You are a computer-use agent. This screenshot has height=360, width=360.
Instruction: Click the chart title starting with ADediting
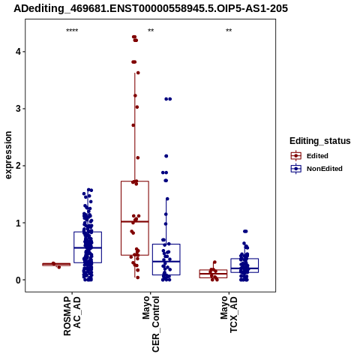[151, 9]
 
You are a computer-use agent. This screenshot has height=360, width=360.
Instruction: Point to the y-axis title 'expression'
[8, 155]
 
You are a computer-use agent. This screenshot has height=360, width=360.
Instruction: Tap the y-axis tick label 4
[18, 52]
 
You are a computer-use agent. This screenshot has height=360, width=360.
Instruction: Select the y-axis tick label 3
[18, 109]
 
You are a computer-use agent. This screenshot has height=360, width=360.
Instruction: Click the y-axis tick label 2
[18, 166]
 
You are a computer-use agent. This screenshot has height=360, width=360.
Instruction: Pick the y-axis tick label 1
[18, 223]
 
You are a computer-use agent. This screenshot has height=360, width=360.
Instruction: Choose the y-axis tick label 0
[18, 280]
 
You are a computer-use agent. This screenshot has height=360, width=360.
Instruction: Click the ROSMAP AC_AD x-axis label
[72, 316]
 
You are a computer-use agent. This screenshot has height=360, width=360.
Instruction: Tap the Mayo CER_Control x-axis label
[151, 324]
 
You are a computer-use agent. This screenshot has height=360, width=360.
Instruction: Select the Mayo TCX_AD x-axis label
[229, 314]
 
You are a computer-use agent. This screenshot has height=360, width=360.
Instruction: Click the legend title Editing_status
[320, 141]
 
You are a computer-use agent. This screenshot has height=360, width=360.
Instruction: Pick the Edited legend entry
[310, 156]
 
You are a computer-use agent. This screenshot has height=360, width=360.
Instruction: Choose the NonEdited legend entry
[316, 169]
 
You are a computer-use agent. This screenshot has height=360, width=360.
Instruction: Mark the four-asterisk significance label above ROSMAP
[72, 31]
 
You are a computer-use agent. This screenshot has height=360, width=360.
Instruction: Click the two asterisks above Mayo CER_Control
[151, 31]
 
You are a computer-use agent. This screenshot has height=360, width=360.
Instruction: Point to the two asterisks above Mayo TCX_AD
[229, 31]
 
